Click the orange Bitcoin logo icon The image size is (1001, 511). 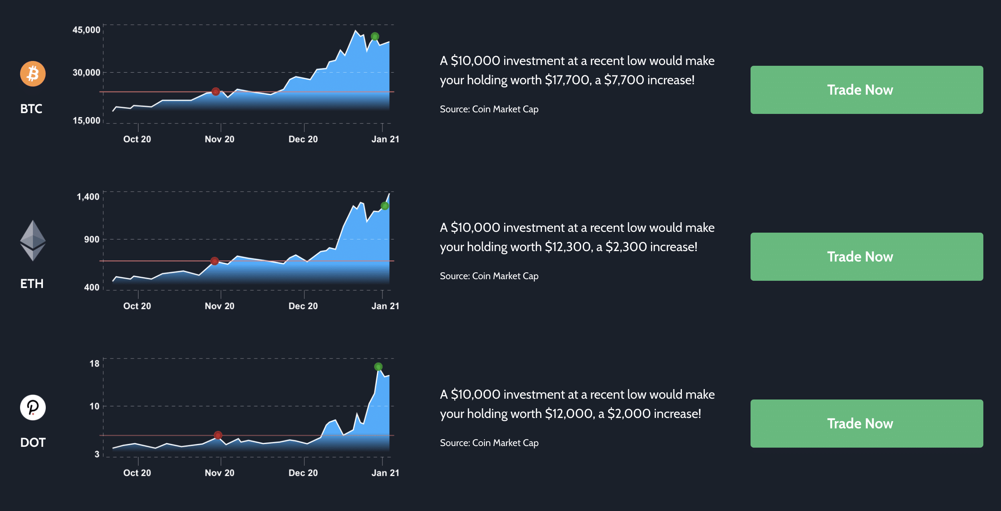[33, 74]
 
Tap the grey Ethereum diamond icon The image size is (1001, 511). [33, 241]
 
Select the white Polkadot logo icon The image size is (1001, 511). [33, 408]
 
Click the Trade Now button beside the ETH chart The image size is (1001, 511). [867, 257]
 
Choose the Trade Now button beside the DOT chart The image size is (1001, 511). [867, 424]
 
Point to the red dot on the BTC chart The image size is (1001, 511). [216, 91]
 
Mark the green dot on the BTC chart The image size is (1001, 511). [375, 36]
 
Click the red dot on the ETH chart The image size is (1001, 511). [215, 261]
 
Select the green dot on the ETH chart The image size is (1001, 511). [385, 206]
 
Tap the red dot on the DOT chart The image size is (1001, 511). [218, 435]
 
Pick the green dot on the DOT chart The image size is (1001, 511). [378, 367]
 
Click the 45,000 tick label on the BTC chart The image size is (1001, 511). [86, 30]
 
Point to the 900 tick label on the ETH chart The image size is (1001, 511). [92, 239]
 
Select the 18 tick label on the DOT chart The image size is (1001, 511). [94, 363]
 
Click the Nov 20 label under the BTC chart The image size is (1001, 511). [220, 139]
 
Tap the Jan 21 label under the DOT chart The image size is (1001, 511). [385, 473]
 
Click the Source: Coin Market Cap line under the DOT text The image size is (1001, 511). [489, 443]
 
